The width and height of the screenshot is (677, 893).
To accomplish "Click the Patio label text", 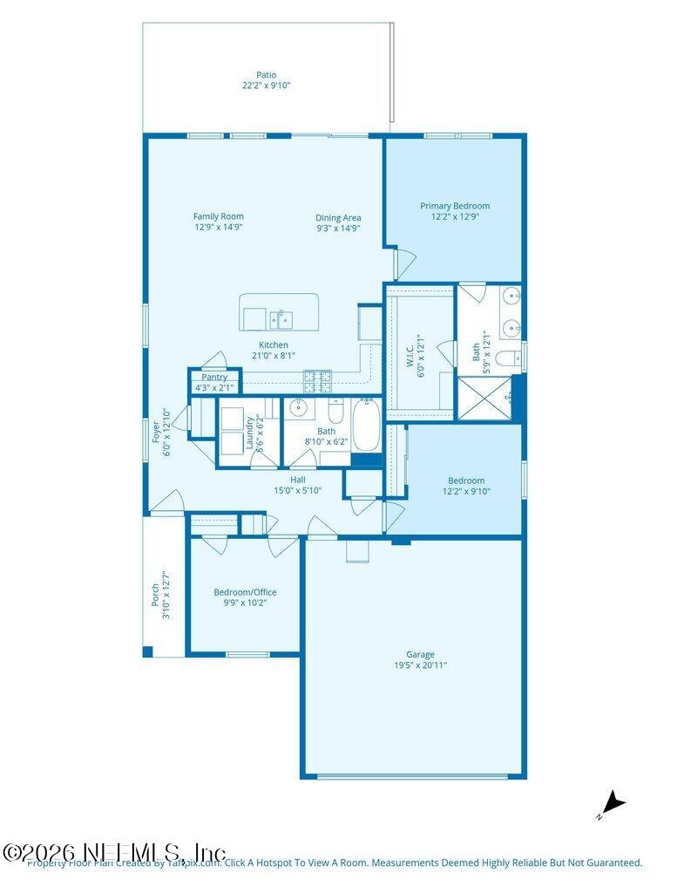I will coord(267,75).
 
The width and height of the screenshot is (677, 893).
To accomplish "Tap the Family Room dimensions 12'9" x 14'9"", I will coord(219,227).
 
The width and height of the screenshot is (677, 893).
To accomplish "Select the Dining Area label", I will coord(338,217).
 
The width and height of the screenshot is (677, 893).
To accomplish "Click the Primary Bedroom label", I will coord(455,206).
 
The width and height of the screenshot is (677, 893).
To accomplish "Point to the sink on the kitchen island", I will coord(281,320).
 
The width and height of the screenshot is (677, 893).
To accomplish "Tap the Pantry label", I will coord(214,377).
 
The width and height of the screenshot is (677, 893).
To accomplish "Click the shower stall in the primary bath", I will coord(485,399).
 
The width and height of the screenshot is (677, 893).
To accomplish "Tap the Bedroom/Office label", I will coord(245,592).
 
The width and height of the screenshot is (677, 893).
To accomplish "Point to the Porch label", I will coord(156,595).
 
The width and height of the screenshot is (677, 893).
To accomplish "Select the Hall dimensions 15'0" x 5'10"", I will coord(298,490).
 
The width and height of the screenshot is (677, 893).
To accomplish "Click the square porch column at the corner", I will coord(148,651).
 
